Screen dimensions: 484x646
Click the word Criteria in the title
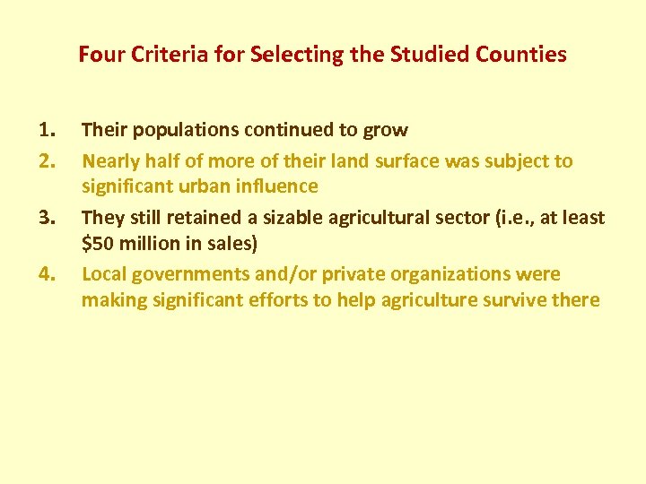(158, 55)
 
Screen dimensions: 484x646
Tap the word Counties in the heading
(522, 55)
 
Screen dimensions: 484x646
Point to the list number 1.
(48, 130)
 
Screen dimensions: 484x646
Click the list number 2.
(48, 162)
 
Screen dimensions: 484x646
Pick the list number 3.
(48, 218)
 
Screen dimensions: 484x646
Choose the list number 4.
(48, 274)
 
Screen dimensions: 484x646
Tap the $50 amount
(94, 242)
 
